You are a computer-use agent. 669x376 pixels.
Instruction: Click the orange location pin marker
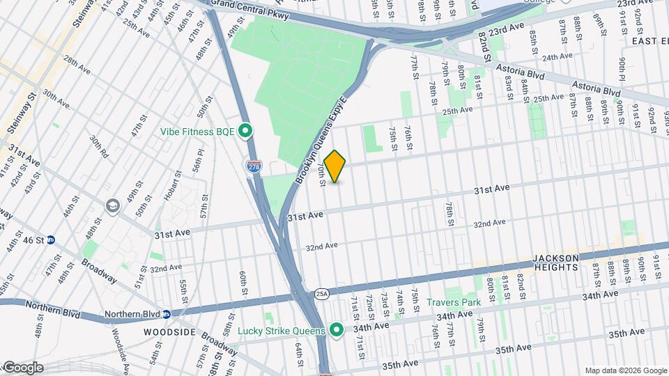point(335,166)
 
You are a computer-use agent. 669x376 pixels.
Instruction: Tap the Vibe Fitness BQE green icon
point(245,131)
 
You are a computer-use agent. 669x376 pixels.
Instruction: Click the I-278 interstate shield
point(254,165)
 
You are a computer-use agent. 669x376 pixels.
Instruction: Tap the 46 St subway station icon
point(60,240)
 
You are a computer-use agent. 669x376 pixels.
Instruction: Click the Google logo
point(23,368)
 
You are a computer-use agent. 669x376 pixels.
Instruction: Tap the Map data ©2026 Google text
point(624,370)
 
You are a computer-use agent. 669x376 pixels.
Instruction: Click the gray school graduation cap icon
point(113,206)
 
